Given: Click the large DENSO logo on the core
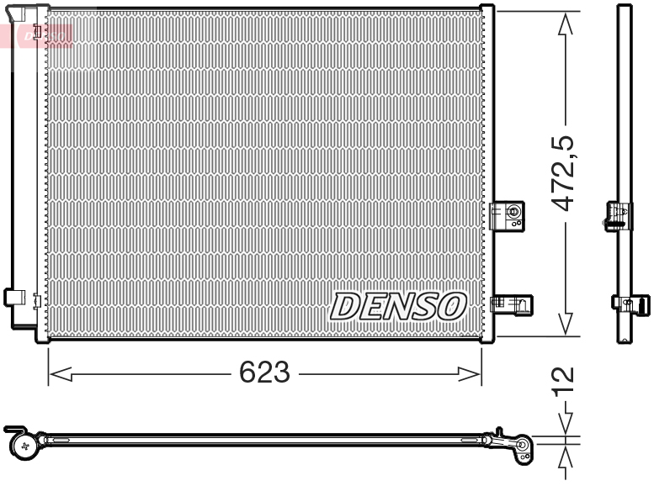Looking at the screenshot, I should tap(398, 307).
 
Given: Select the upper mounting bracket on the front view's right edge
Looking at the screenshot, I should tap(508, 214).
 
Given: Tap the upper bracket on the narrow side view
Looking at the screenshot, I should tap(618, 216).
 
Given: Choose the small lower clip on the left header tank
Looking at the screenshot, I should tap(36, 298).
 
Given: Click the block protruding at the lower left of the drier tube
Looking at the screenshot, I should tap(13, 297).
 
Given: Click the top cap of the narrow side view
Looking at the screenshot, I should tap(624, 8).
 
